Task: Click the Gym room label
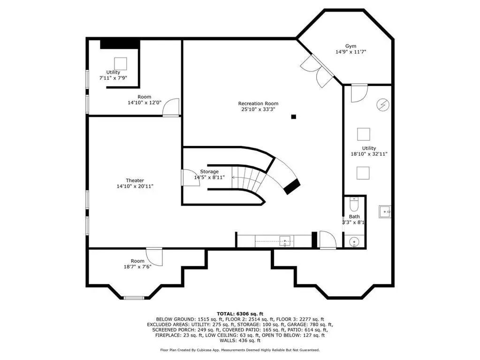(x=351, y=46)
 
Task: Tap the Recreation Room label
(x=259, y=103)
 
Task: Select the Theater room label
(x=135, y=181)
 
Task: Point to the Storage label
(x=209, y=172)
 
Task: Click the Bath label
(x=354, y=216)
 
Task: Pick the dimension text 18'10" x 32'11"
(x=369, y=154)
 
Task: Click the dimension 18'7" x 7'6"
(x=137, y=267)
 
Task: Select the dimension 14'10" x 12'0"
(x=144, y=102)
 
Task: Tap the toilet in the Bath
(x=354, y=205)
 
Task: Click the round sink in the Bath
(x=354, y=242)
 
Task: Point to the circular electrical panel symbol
(x=383, y=105)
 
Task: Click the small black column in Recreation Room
(x=294, y=116)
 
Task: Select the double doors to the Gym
(x=317, y=71)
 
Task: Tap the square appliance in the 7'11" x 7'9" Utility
(x=120, y=64)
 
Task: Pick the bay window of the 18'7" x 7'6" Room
(x=133, y=298)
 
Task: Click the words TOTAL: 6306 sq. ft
(x=240, y=314)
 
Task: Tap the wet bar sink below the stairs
(x=285, y=241)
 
